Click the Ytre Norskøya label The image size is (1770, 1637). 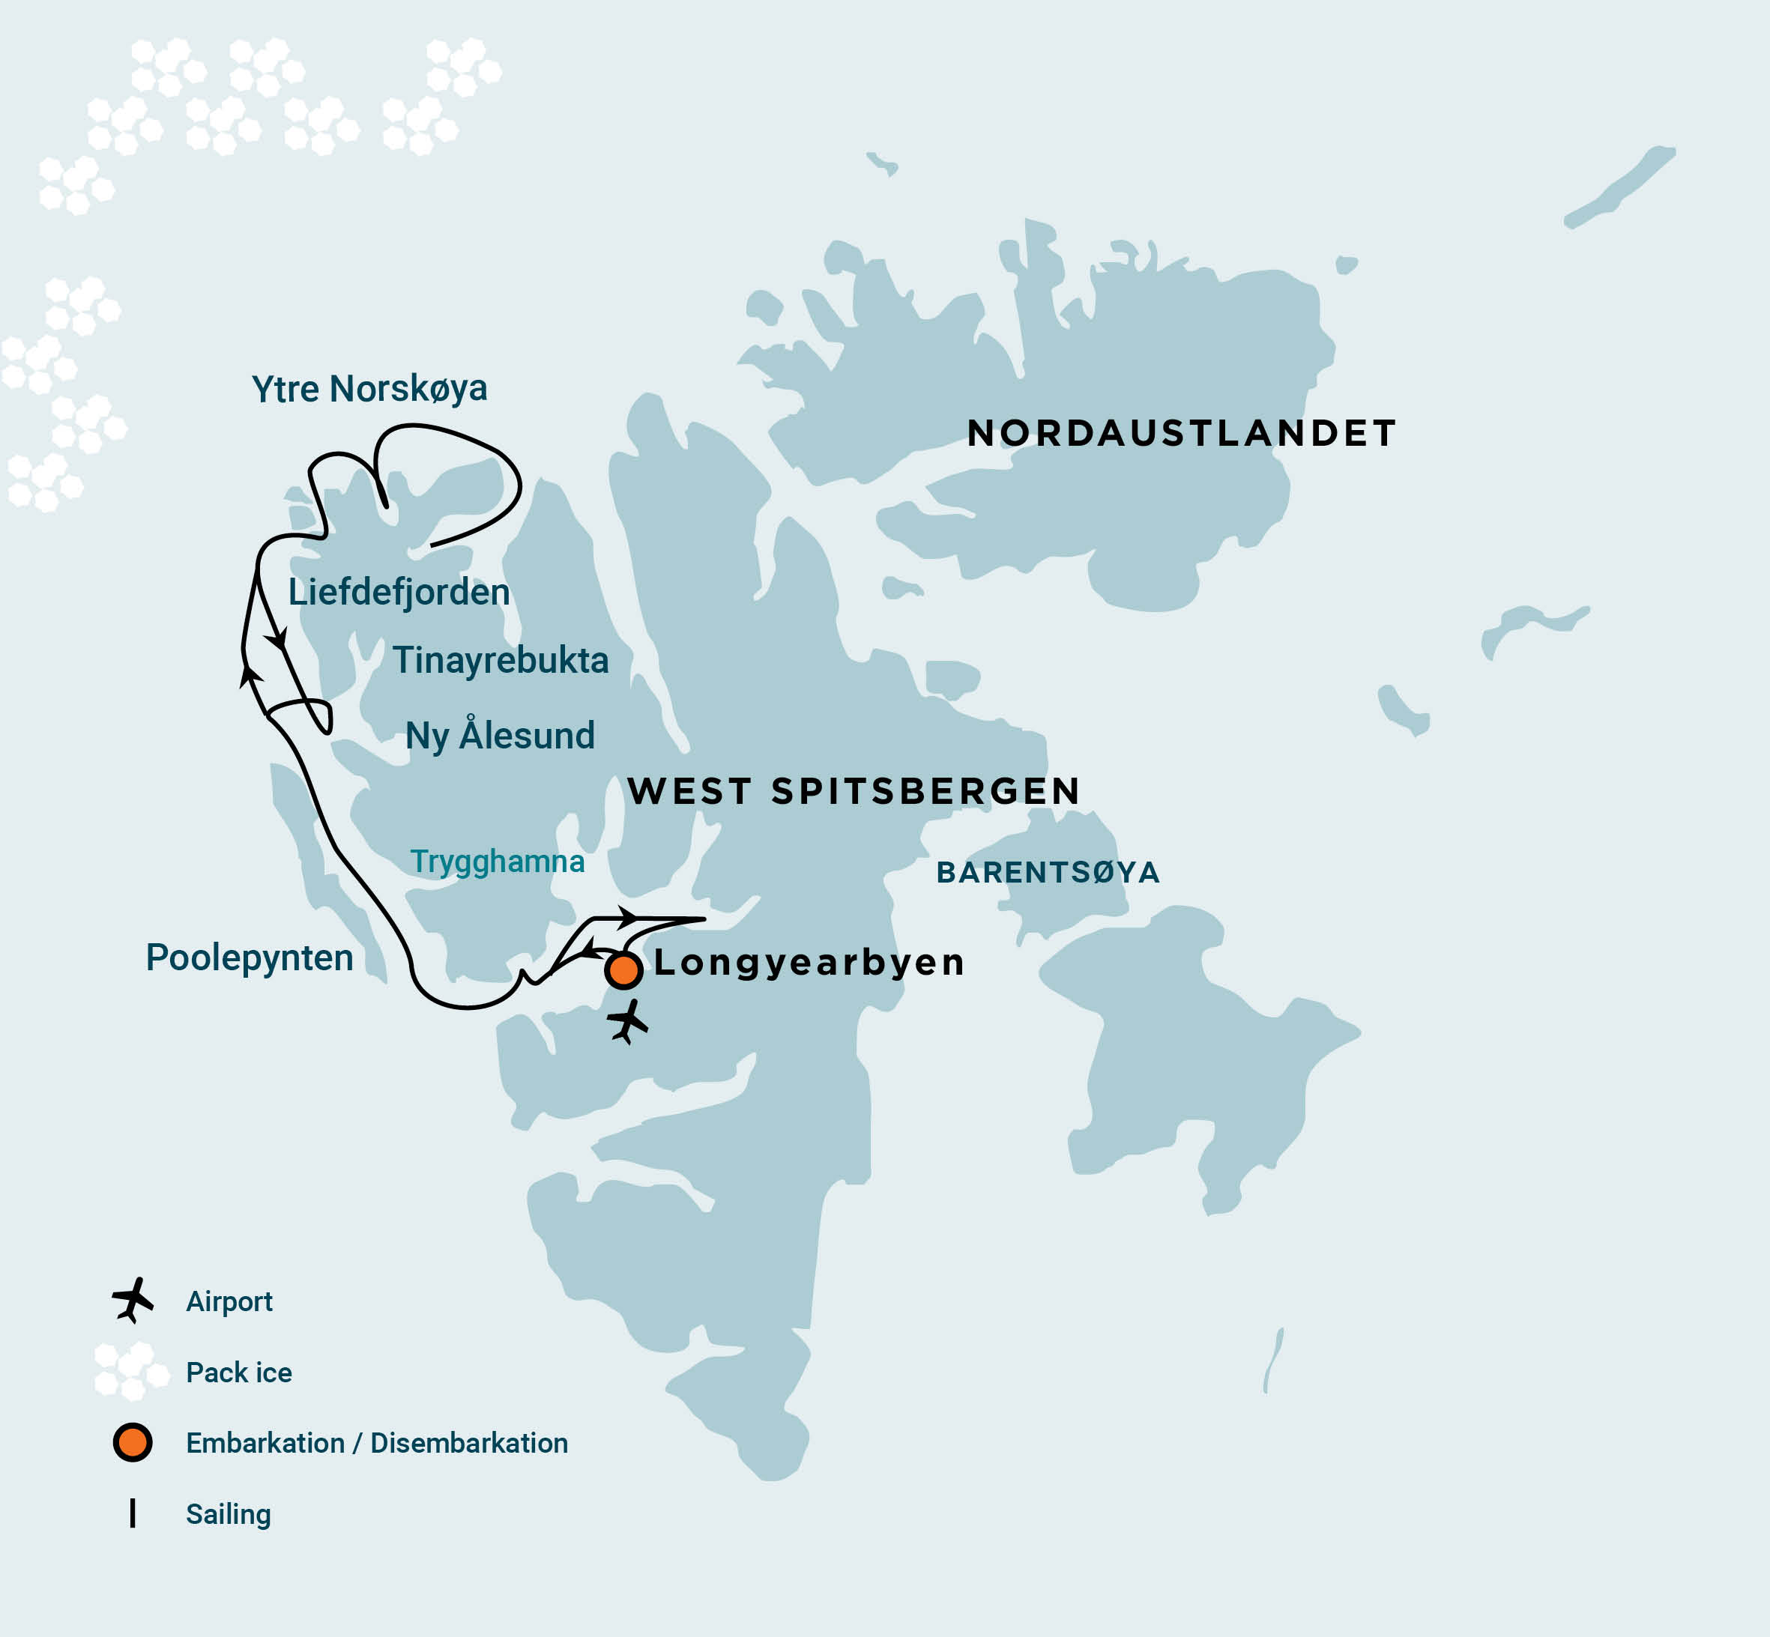(x=369, y=389)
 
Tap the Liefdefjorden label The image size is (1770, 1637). (x=399, y=593)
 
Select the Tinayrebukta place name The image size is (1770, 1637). (x=501, y=661)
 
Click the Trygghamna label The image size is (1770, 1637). (x=497, y=861)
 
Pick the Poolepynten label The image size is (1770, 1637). (x=249, y=957)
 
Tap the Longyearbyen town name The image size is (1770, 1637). (x=809, y=962)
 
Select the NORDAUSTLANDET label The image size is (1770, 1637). (x=1182, y=433)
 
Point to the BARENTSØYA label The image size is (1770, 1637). (x=1048, y=873)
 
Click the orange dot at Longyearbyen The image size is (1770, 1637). (x=623, y=971)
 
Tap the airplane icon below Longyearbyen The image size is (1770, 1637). (x=627, y=1021)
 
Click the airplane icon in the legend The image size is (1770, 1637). (x=133, y=1300)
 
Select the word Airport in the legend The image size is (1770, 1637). (x=229, y=1301)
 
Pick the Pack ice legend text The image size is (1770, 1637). (x=239, y=1372)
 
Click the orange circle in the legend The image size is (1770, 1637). (x=133, y=1443)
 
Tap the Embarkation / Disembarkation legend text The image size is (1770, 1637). (x=376, y=1443)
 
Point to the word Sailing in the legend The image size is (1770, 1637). (x=229, y=1514)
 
